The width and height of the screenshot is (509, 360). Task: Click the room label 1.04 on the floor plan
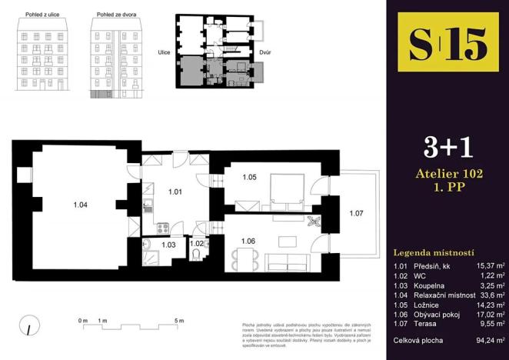click(x=80, y=205)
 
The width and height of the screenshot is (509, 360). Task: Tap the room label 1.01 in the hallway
click(x=175, y=192)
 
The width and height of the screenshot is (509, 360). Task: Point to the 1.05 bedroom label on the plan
click(x=249, y=178)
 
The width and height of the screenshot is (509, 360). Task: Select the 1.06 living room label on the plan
click(x=248, y=241)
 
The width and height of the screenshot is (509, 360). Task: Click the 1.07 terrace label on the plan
click(x=356, y=213)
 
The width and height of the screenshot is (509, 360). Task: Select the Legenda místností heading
click(x=434, y=252)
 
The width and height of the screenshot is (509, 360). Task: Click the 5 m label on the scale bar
click(x=178, y=319)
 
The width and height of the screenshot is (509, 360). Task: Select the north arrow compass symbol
click(x=27, y=326)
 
